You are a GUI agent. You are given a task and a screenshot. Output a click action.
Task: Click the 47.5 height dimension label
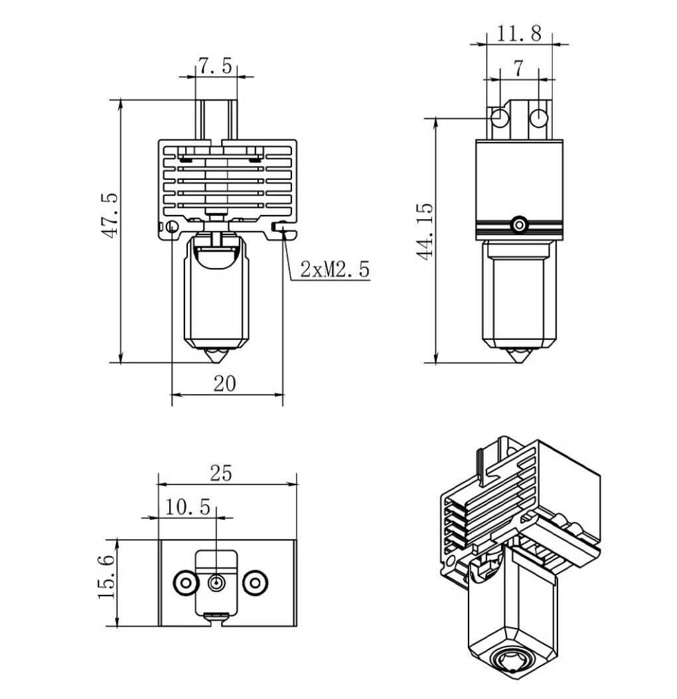(110, 215)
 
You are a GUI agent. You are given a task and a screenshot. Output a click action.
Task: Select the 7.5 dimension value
(215, 66)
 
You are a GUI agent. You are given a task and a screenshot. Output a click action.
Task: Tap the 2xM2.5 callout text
(335, 270)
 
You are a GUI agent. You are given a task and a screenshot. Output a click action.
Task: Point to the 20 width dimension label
(224, 384)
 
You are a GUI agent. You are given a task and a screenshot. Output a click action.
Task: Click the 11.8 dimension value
(519, 33)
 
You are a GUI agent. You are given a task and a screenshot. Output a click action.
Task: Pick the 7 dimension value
(518, 68)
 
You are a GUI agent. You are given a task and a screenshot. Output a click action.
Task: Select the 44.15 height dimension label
(424, 232)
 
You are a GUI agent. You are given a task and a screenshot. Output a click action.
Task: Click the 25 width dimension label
(222, 473)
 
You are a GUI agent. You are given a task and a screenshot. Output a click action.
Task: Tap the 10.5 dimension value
(188, 507)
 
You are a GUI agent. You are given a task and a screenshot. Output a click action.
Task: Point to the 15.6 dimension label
(106, 577)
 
